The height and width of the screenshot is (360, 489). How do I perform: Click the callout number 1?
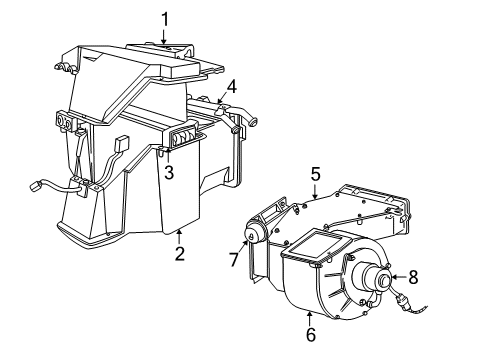click(x=166, y=17)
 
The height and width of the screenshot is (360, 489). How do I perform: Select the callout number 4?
click(x=231, y=86)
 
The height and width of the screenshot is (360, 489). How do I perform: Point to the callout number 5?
click(x=315, y=174)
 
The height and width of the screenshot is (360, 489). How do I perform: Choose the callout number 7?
click(x=234, y=261)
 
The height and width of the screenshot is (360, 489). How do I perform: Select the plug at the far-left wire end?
click(x=36, y=186)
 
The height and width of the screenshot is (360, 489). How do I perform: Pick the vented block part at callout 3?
click(x=184, y=140)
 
